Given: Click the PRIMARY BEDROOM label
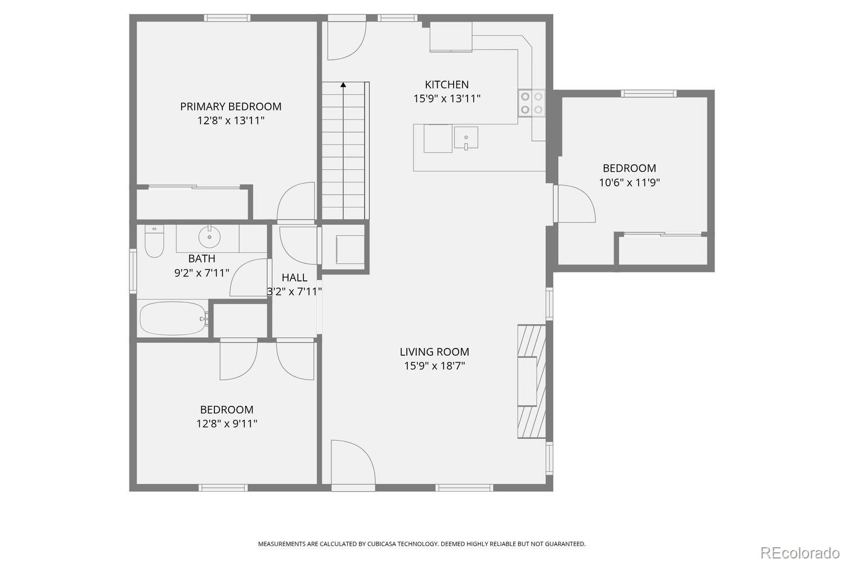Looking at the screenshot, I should pyautogui.click(x=231, y=106).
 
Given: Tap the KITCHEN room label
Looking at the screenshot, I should pyautogui.click(x=447, y=84).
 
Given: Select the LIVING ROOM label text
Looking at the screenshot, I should pyautogui.click(x=434, y=352).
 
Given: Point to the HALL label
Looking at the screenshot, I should pyautogui.click(x=294, y=278).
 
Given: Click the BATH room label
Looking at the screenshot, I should pyautogui.click(x=201, y=258).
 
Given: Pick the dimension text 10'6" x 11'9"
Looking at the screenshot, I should pyautogui.click(x=629, y=182).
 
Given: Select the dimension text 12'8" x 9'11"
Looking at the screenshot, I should pyautogui.click(x=227, y=423).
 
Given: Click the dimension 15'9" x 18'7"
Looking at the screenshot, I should pyautogui.click(x=434, y=366).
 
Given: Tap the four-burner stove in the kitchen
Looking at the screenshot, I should pyautogui.click(x=532, y=103).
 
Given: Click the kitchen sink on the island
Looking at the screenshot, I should pyautogui.click(x=466, y=138).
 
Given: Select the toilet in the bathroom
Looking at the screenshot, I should pyautogui.click(x=154, y=242).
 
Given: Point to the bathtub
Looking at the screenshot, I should pyautogui.click(x=173, y=319).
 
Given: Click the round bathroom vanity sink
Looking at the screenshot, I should pyautogui.click(x=209, y=237).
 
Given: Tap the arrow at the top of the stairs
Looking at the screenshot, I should pyautogui.click(x=343, y=86).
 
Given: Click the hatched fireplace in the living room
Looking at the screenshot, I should pyautogui.click(x=532, y=381).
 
